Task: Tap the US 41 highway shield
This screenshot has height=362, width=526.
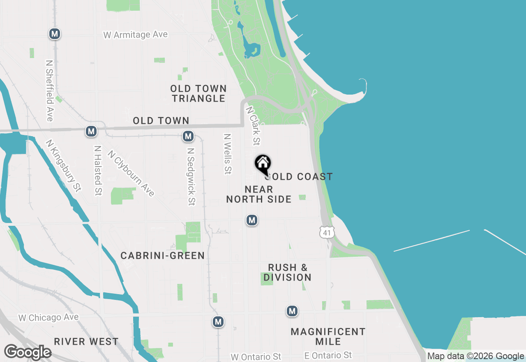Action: coord(327,232)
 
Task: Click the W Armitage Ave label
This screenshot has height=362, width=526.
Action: coord(136,35)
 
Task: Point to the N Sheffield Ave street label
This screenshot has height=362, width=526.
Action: coord(50,91)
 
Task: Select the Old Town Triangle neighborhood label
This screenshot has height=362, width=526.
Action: coord(198,93)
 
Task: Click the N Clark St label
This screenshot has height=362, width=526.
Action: coord(253,126)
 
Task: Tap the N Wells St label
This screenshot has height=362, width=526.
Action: coord(227,153)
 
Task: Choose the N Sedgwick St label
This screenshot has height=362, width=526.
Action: coord(191,176)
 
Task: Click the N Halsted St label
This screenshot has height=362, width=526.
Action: coord(97,170)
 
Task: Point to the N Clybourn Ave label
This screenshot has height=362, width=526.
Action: coord(131,173)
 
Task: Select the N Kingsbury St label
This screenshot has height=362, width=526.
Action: coord(64,165)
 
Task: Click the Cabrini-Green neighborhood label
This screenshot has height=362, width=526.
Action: coord(162,255)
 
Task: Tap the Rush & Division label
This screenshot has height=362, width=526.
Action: coord(287,272)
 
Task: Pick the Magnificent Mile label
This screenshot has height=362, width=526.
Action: coord(328,336)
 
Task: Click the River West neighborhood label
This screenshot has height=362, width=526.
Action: coord(86,341)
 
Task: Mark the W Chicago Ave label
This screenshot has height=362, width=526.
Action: coord(48,318)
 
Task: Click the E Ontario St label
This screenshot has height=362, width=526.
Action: coord(328,355)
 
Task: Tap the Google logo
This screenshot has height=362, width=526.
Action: coord(28,353)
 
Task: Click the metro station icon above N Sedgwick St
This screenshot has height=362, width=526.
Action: coord(188,136)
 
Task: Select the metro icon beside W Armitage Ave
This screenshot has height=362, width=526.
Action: coord(55,34)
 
